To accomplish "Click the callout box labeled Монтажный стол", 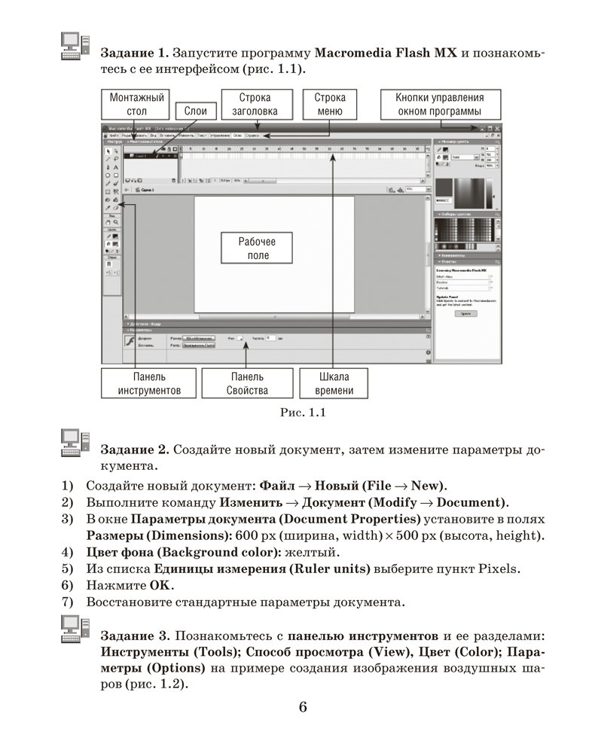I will pos(136,105).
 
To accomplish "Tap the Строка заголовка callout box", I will pos(255,105).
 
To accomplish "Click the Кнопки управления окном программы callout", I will pos(440,105).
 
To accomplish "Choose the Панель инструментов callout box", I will pos(148,383).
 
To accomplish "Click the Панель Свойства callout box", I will pos(246,383).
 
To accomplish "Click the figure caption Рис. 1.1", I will pos(301,413).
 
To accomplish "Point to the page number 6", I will pos(303,706).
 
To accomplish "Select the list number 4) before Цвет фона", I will pos(67,551).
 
